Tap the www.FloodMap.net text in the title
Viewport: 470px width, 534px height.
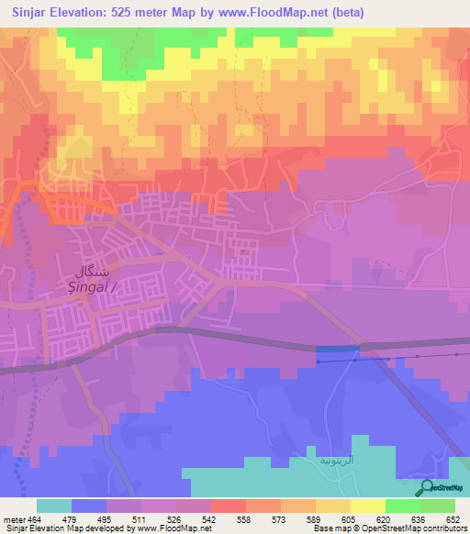[x=278, y=12]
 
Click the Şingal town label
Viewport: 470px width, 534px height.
[x=84, y=286]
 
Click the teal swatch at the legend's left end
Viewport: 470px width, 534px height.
[x=53, y=506]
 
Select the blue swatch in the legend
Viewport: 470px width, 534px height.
[x=88, y=506]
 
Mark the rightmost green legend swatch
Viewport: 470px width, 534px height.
[x=437, y=506]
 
